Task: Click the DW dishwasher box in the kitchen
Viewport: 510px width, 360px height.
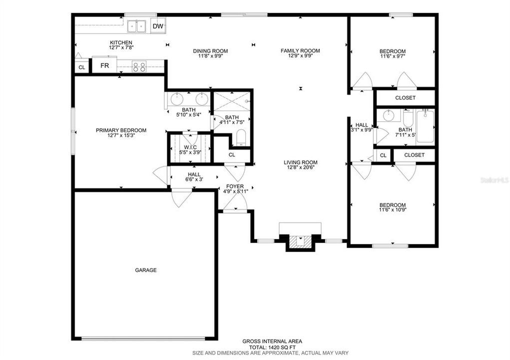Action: tap(158, 26)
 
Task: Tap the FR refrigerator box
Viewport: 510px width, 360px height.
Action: tap(105, 65)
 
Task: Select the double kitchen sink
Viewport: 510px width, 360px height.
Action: tap(136, 25)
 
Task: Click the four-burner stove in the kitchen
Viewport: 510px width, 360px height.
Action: tap(139, 66)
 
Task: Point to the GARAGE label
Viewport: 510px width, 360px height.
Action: tap(146, 270)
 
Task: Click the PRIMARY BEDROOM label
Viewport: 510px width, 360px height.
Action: tap(121, 130)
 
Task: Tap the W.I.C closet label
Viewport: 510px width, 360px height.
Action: tap(190, 147)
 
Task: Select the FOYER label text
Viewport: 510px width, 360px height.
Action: tap(235, 186)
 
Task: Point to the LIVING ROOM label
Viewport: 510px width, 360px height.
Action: tap(300, 162)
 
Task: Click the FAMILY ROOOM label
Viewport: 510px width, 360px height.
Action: tap(300, 50)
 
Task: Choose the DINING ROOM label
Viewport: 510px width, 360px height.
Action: tap(210, 51)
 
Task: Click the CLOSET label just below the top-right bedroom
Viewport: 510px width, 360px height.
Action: tap(405, 98)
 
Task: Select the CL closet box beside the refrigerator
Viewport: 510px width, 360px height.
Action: tap(82, 67)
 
